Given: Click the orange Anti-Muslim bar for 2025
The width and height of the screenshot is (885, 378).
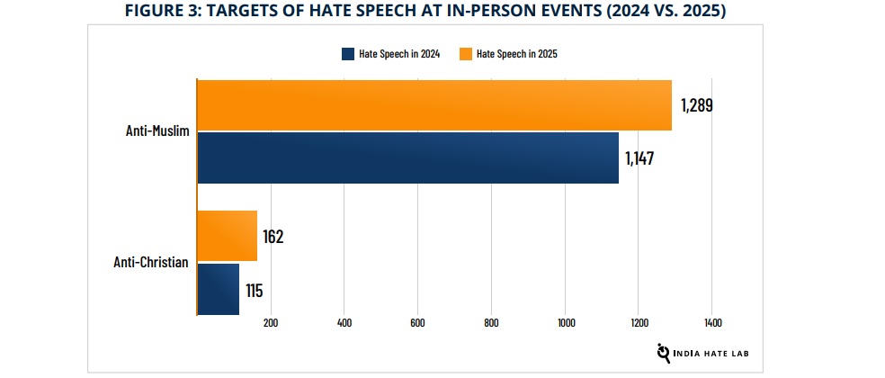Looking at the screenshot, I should click(x=434, y=105).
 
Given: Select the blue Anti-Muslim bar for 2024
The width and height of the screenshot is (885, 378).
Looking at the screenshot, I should click(x=407, y=157).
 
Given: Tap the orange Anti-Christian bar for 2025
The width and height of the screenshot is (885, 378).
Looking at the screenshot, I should click(x=227, y=236).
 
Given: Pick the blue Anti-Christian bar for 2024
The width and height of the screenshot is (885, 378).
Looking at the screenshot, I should click(x=218, y=289).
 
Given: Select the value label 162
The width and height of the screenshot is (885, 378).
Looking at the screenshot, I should click(x=274, y=237).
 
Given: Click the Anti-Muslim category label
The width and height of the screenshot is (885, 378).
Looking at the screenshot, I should click(x=156, y=131).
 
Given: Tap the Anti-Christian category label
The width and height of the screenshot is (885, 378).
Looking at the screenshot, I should click(x=150, y=263).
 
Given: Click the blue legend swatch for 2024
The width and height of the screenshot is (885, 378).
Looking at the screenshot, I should click(x=348, y=54).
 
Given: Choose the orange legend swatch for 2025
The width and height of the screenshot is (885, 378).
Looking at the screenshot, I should click(x=465, y=54).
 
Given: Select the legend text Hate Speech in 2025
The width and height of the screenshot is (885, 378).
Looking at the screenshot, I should click(x=517, y=54).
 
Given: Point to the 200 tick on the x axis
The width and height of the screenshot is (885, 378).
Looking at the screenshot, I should click(x=270, y=322).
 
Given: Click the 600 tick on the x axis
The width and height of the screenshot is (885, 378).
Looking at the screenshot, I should click(x=417, y=322).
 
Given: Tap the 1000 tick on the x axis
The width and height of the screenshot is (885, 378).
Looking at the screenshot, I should click(x=565, y=322).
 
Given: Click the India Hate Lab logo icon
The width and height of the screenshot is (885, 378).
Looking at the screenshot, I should click(x=665, y=352).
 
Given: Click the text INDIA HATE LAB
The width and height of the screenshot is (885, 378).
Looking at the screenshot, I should click(x=716, y=354).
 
